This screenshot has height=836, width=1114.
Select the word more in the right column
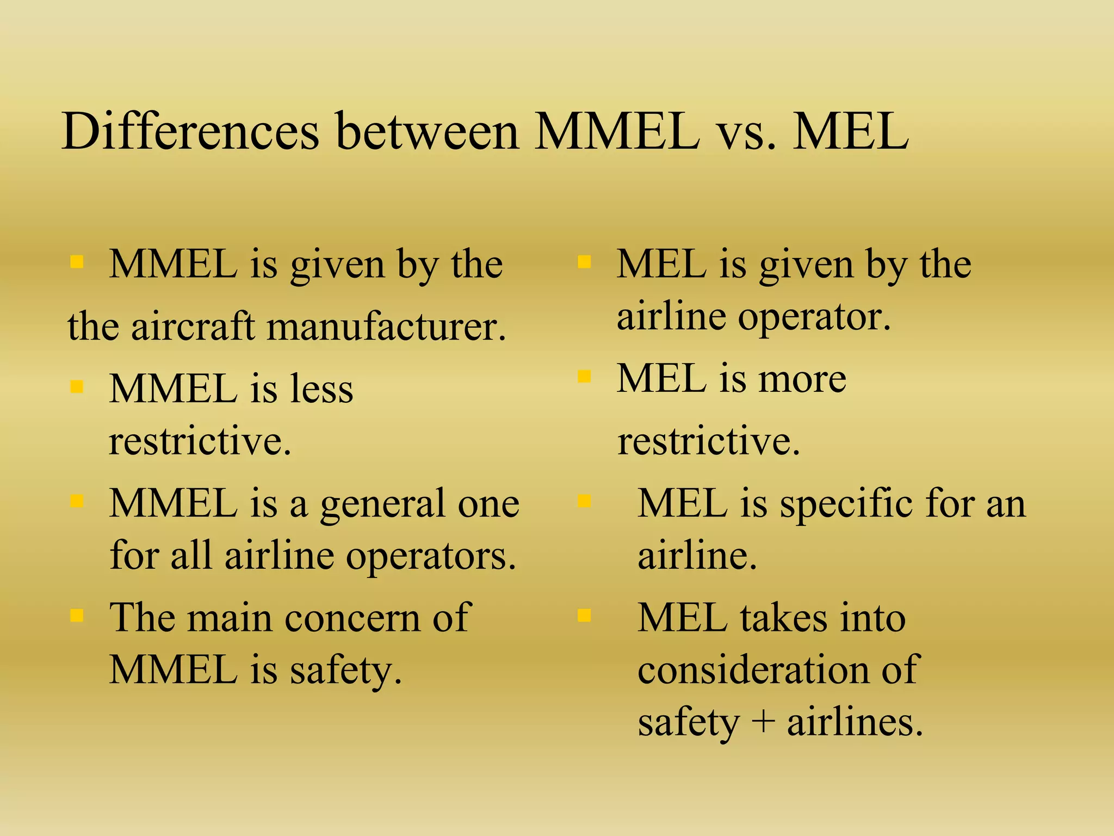[802, 379]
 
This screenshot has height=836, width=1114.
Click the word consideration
[753, 669]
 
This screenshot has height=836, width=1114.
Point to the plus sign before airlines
[764, 722]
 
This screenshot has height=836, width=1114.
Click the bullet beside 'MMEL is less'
[77, 386]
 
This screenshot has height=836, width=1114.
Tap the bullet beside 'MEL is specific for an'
[584, 501]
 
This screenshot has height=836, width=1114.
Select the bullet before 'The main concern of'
[77, 616]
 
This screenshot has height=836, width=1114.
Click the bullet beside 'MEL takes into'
[584, 616]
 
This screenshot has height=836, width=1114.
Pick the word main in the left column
[229, 618]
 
